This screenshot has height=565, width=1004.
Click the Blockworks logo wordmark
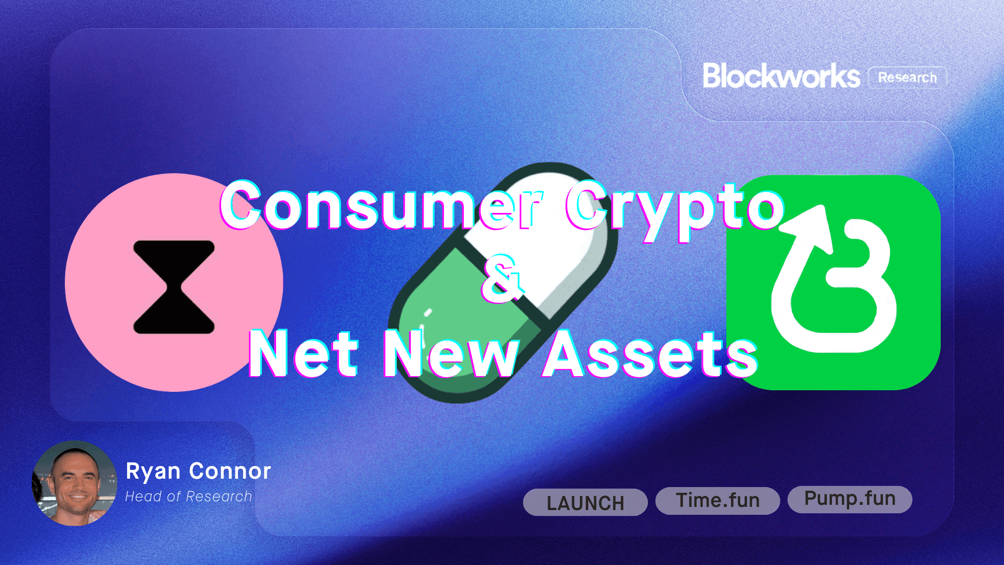coord(781,76)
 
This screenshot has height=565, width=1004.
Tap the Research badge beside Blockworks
coord(907,77)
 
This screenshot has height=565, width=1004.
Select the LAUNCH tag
coord(585,503)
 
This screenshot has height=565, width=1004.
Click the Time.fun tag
coord(717,501)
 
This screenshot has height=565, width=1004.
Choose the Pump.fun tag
coord(850,499)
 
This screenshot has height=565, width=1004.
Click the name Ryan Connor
coord(198,471)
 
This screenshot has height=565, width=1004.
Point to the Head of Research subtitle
coord(188,496)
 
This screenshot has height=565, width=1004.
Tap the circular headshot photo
coord(75,483)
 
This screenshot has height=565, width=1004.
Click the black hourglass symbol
coord(174,287)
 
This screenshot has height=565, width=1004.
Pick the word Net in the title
coord(303,354)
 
